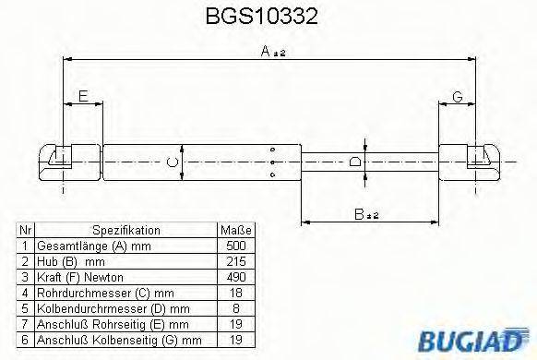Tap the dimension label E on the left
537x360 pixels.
point(83,95)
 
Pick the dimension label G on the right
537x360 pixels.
point(456,95)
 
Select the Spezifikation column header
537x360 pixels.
point(126,231)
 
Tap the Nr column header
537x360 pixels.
point(26,231)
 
